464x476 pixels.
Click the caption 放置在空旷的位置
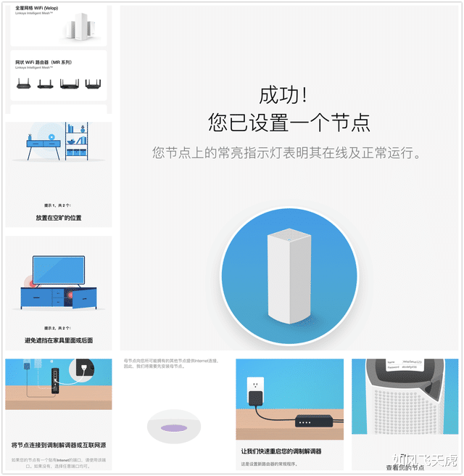click(59, 218)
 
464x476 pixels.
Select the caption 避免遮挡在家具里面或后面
click(59, 340)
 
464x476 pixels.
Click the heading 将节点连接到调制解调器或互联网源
click(59, 445)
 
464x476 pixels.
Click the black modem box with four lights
click(314, 421)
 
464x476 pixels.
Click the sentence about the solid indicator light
click(289, 154)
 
